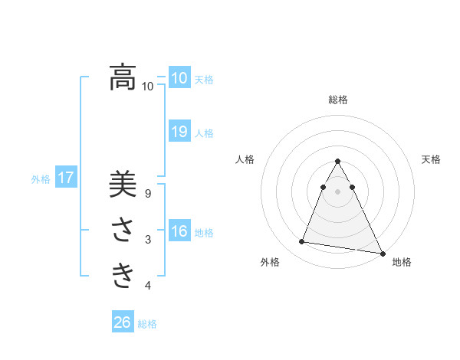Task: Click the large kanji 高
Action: click(x=123, y=77)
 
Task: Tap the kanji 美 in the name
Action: click(x=123, y=185)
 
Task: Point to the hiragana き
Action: click(x=123, y=274)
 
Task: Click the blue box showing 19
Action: click(x=179, y=132)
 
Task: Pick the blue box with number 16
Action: click(x=179, y=231)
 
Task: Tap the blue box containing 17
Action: click(x=65, y=178)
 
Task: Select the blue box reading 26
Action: click(x=123, y=322)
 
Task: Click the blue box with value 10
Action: click(x=179, y=78)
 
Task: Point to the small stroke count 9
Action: click(x=148, y=195)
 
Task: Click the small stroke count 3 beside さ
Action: click(x=148, y=240)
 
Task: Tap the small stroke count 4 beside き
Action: click(x=148, y=286)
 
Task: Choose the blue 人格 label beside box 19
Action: click(x=204, y=133)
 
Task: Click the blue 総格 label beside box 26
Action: click(x=147, y=324)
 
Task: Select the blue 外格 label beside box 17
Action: click(x=41, y=179)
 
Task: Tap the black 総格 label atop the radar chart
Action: click(x=337, y=100)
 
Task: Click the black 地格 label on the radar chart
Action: click(x=402, y=262)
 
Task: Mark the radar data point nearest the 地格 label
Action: click(x=381, y=254)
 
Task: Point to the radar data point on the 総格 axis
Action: click(x=337, y=162)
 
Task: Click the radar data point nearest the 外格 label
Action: click(x=302, y=242)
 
